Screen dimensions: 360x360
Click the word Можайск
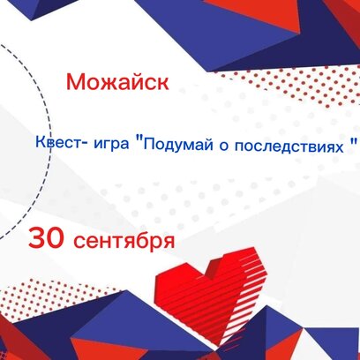(117, 81)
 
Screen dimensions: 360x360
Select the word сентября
(124, 241)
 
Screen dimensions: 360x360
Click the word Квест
(57, 143)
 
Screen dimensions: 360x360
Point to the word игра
(111, 144)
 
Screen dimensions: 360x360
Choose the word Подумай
(178, 145)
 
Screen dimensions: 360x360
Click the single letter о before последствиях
(224, 146)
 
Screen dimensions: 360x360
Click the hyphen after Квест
(83, 144)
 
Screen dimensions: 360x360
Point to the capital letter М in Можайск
(75, 81)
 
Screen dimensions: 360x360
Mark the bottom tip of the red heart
(219, 345)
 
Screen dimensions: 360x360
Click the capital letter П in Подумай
(148, 144)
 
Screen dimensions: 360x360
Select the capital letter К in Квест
(40, 142)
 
